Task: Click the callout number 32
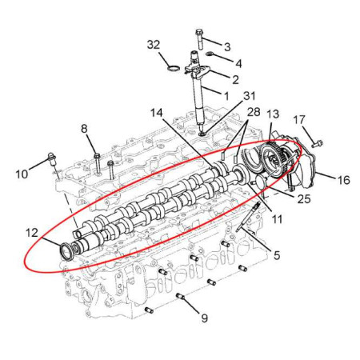tap(154, 45)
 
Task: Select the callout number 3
tap(227, 47)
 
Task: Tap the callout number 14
tap(157, 113)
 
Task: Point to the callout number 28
tap(254, 112)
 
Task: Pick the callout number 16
tap(344, 180)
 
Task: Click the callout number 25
tap(304, 199)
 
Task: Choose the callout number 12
tap(32, 233)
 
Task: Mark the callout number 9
tap(204, 318)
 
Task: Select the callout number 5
tap(277, 255)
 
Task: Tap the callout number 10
tap(22, 174)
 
